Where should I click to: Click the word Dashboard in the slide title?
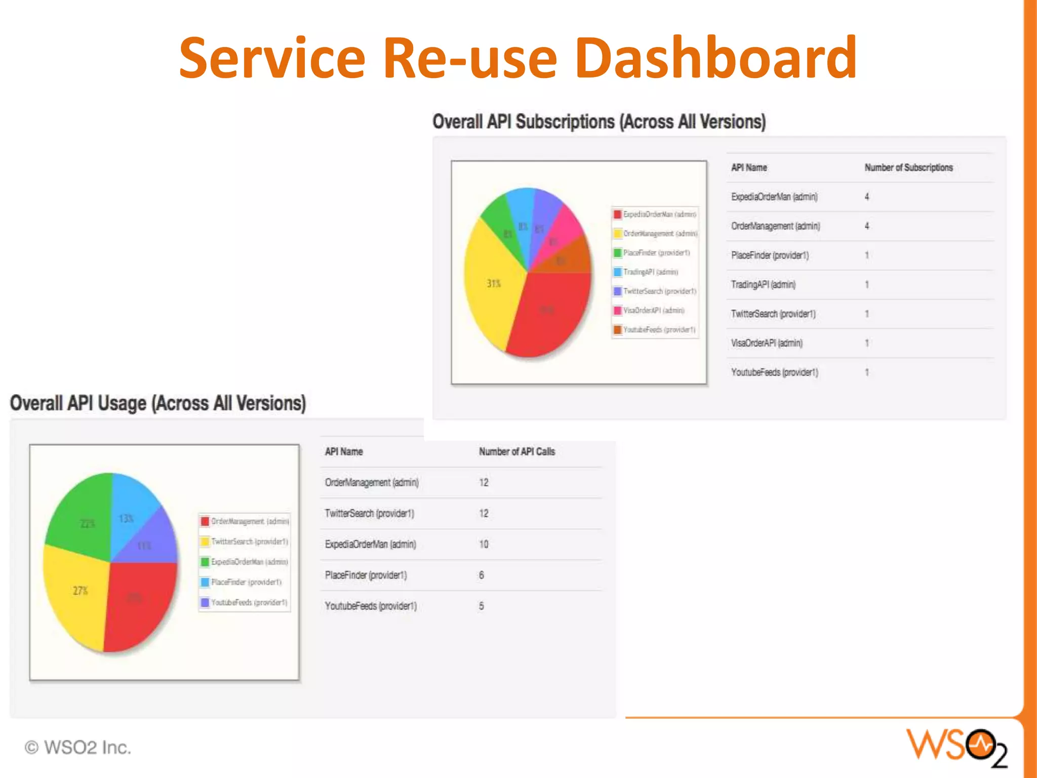point(715,58)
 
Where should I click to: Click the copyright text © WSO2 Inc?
point(78,748)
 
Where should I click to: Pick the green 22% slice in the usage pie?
point(84,517)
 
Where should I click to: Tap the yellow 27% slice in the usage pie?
point(76,598)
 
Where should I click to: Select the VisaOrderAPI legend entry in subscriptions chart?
point(653,310)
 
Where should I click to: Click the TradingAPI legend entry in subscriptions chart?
point(650,272)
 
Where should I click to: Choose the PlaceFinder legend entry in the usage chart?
point(246,582)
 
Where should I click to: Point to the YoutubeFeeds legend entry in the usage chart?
point(249,602)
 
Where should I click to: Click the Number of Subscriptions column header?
point(908,168)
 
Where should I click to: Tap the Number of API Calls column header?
point(517,452)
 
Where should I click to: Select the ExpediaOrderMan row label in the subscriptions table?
point(774,197)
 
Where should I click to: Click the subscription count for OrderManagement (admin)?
point(867,226)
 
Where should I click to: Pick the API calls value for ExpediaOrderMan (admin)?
point(484,544)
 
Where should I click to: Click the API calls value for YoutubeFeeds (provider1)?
point(482,606)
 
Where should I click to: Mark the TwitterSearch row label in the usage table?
point(370,514)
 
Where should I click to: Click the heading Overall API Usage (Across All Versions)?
point(158,404)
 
